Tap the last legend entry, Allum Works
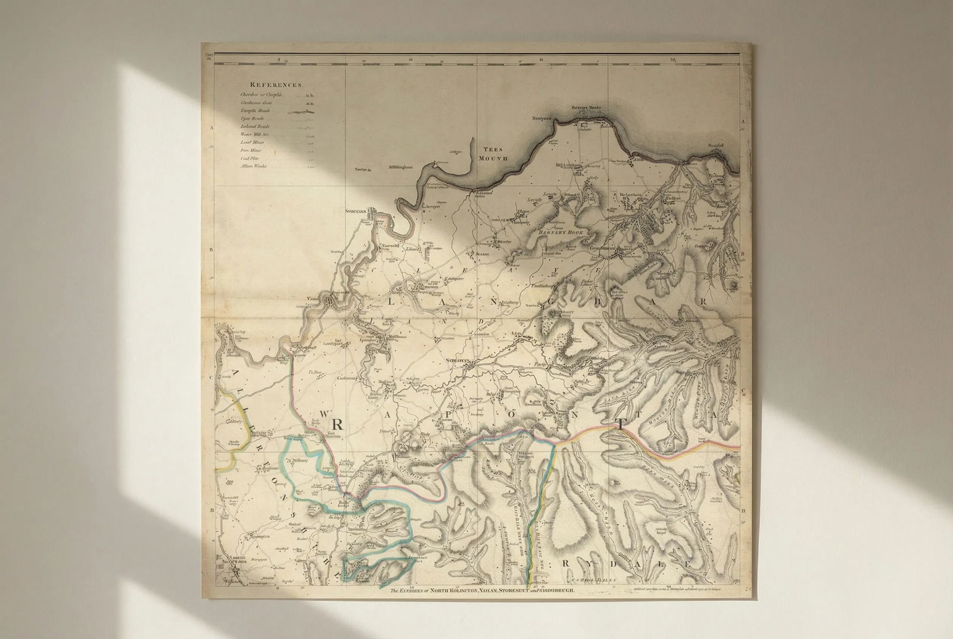pos(253,166)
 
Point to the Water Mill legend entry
pos(255,135)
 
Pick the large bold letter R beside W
pos(337,424)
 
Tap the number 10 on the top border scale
pos(410,60)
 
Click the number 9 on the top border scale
pos(279,60)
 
